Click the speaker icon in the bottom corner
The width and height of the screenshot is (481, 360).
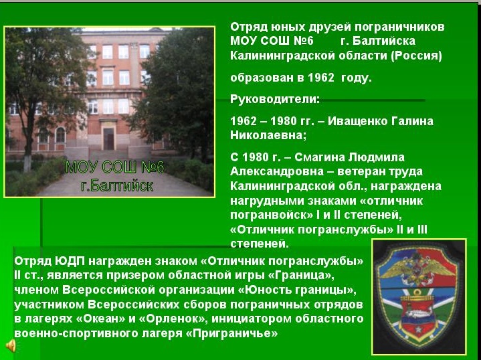pyautogui.click(x=11, y=345)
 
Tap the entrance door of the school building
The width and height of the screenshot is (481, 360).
pyautogui.click(x=108, y=139)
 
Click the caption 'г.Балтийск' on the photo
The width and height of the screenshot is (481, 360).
pyautogui.click(x=117, y=186)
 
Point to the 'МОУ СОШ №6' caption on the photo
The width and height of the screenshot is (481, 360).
pyautogui.click(x=114, y=167)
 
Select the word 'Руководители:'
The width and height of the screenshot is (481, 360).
pyautogui.click(x=275, y=99)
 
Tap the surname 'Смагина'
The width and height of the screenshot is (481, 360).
pyautogui.click(x=319, y=157)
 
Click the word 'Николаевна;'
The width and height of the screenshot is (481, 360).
pyautogui.click(x=268, y=135)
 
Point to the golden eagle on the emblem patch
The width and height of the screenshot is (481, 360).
pyautogui.click(x=418, y=266)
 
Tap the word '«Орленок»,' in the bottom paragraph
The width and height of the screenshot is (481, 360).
pyautogui.click(x=172, y=319)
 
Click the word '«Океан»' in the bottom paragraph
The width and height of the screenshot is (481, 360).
pyautogui.click(x=100, y=319)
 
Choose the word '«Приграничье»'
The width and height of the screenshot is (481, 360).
pyautogui.click(x=232, y=333)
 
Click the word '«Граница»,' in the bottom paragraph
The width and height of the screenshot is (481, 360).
pyautogui.click(x=301, y=275)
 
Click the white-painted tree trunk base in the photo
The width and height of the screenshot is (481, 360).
pyautogui.click(x=27, y=163)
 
